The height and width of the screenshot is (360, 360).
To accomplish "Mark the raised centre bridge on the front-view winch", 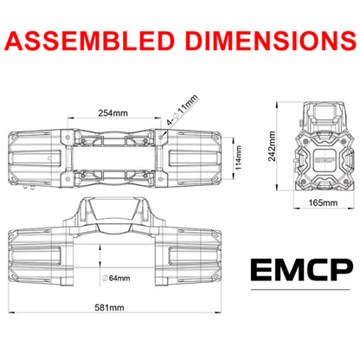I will pos(116,228).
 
